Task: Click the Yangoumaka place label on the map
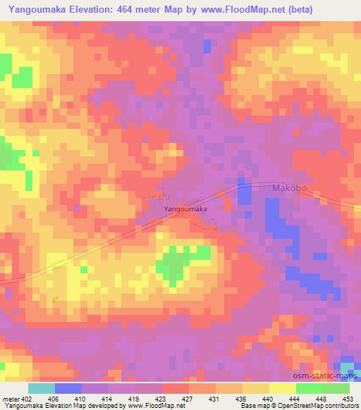(185, 209)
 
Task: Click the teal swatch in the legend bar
(41, 387)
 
